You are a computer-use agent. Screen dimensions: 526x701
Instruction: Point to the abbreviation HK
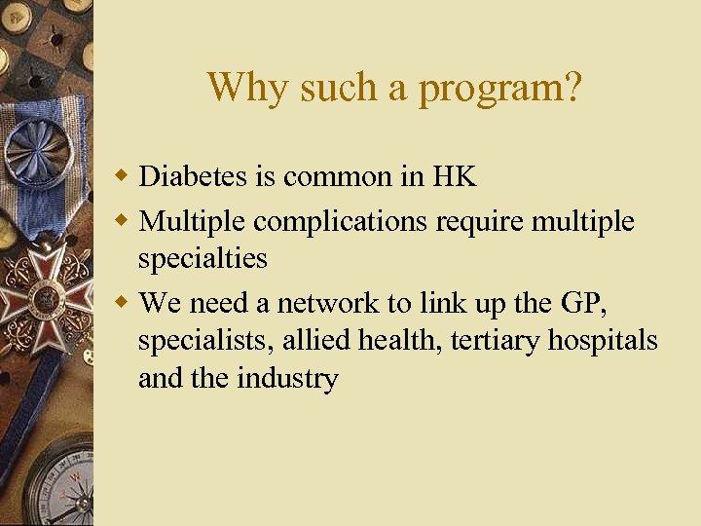click(455, 176)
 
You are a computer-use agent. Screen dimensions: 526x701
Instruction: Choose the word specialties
click(203, 260)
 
